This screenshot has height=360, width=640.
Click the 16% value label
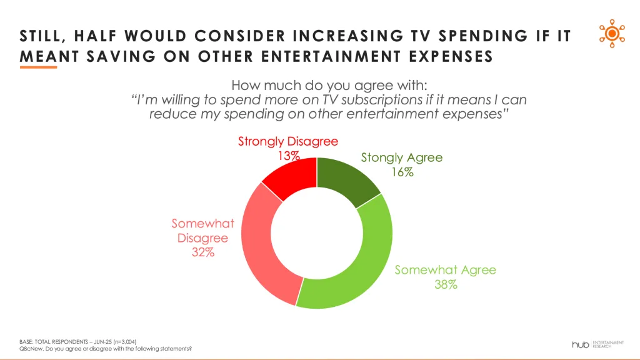[402, 172]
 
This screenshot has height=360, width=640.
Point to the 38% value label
[446, 284]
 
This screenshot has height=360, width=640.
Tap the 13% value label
[288, 156]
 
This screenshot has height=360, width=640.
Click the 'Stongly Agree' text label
[401, 157]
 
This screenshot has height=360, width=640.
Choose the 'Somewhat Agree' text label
[445, 270]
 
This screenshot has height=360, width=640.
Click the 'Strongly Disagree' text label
[288, 141]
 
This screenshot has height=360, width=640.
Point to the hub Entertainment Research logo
[597, 344]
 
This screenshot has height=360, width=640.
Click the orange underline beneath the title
[38, 67]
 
